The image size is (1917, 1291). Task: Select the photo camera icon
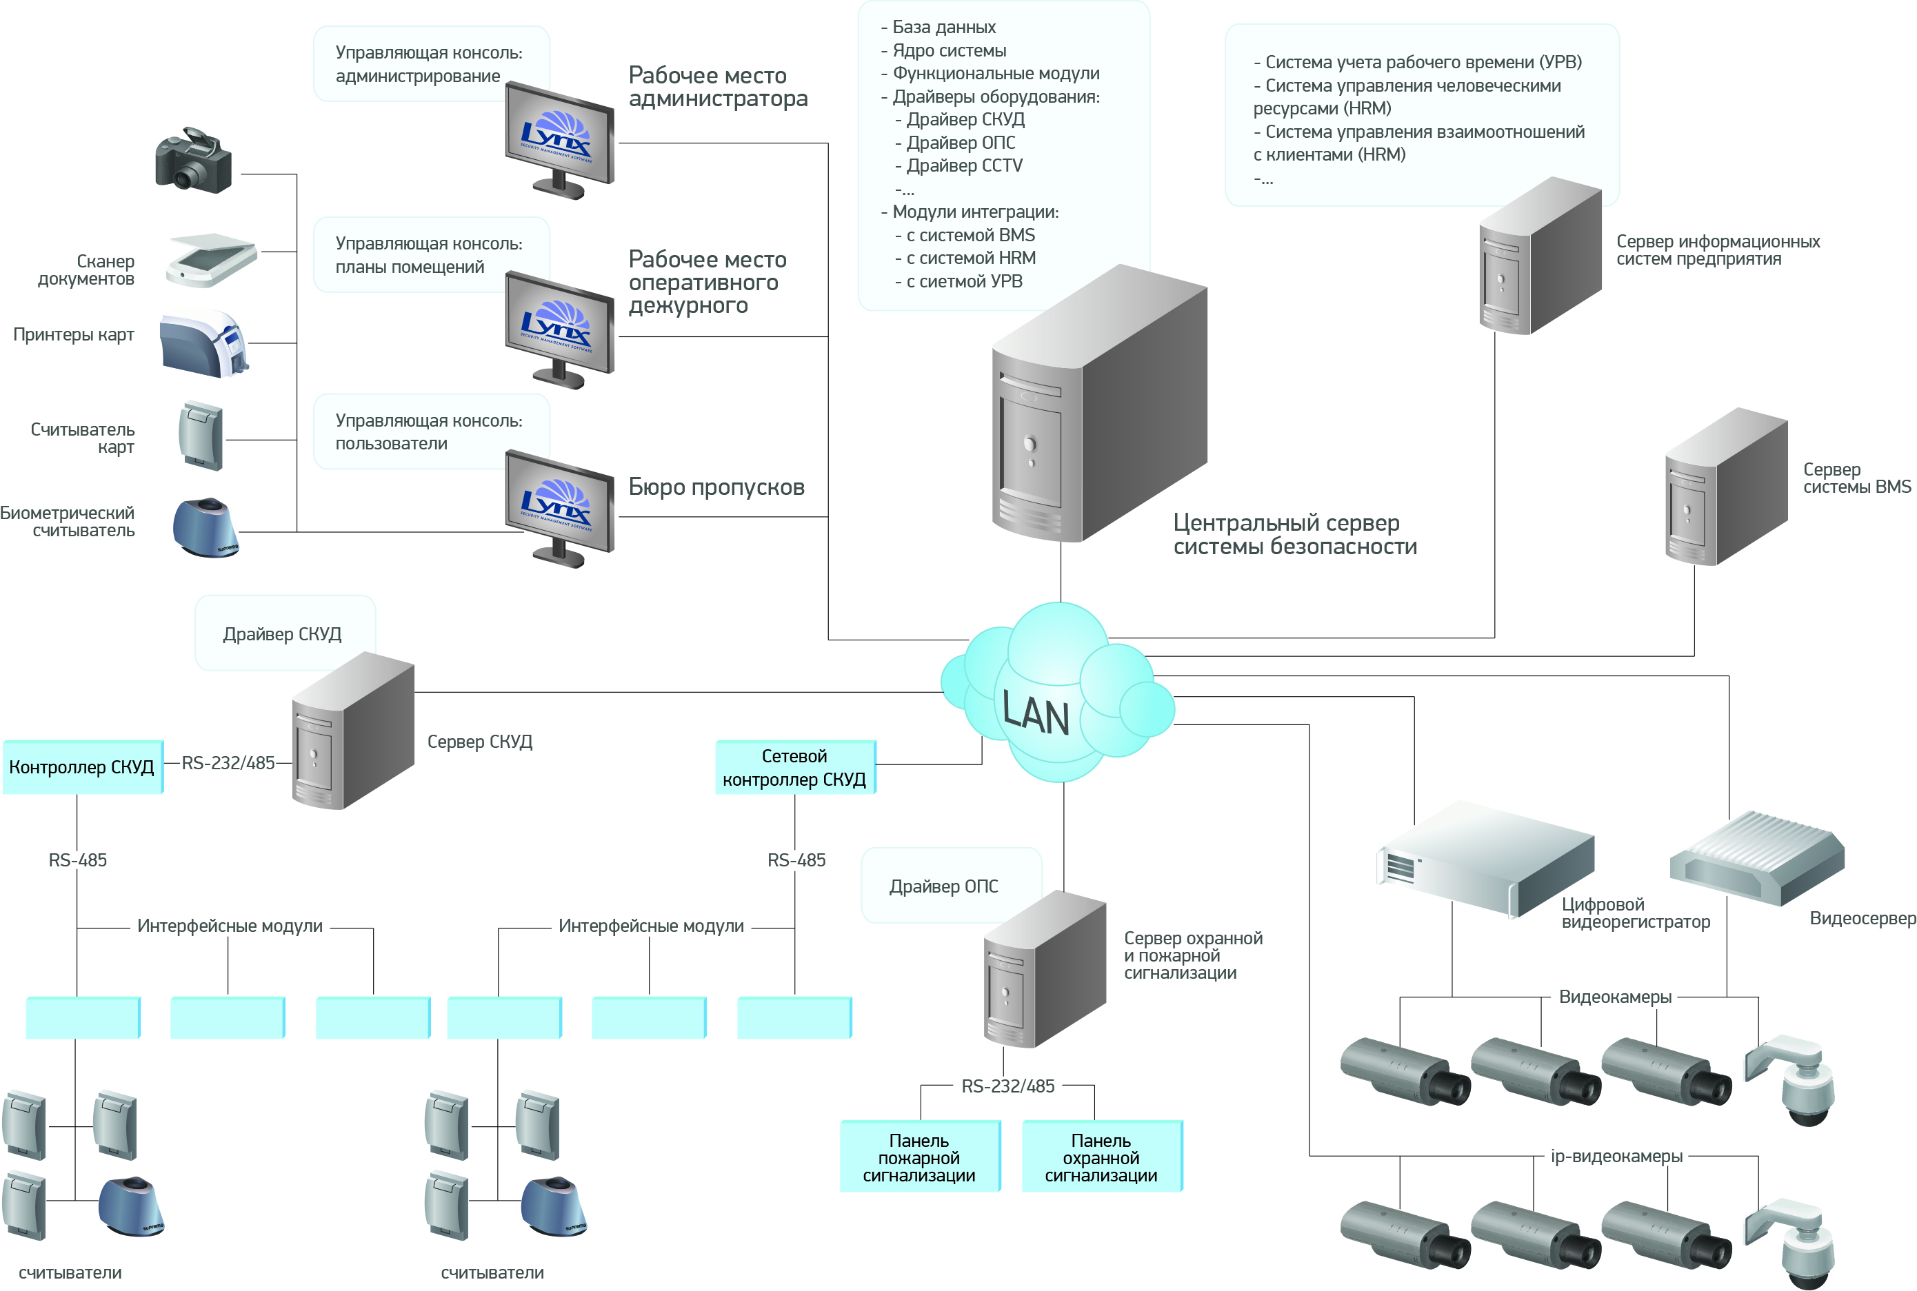194,161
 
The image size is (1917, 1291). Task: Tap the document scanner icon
212,259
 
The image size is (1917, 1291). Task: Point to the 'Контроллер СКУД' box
82,767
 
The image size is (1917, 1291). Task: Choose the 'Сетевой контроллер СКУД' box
794,767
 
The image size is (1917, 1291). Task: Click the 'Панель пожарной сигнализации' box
919,1157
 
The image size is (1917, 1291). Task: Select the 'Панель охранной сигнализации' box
1101,1157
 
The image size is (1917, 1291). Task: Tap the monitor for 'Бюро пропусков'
560,507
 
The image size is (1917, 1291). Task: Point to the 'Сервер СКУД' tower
353,731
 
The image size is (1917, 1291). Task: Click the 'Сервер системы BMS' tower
1726,487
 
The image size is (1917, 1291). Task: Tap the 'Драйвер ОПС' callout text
944,886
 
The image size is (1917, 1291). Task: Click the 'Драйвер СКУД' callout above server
283,634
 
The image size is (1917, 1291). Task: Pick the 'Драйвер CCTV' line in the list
964,166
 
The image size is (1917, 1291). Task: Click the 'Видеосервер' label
1863,919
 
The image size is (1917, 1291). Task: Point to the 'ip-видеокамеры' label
1616,1156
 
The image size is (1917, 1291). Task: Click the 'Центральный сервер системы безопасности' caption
1294,534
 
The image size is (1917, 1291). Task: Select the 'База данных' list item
944,27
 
